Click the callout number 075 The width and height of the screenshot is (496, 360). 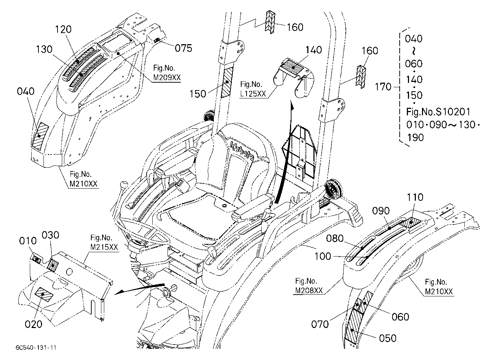[183, 48]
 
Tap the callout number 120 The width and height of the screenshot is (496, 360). [63, 29]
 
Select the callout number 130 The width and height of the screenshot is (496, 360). [44, 49]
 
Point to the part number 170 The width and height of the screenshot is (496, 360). [383, 87]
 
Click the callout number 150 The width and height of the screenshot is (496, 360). [198, 94]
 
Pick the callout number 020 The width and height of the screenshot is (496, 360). [33, 324]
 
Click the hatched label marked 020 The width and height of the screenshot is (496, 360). [45, 295]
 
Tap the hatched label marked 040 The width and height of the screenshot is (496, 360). [41, 136]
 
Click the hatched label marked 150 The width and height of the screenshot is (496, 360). [227, 82]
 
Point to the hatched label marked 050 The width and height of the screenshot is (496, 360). [354, 328]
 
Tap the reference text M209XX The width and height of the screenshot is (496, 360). [167, 78]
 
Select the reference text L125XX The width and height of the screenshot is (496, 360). [253, 94]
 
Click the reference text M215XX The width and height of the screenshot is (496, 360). [104, 247]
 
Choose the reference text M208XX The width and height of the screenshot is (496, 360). [309, 291]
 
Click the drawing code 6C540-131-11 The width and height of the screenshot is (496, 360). [36, 347]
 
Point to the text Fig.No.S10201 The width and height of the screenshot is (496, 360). [438, 112]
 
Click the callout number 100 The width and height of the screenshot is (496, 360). [323, 257]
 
